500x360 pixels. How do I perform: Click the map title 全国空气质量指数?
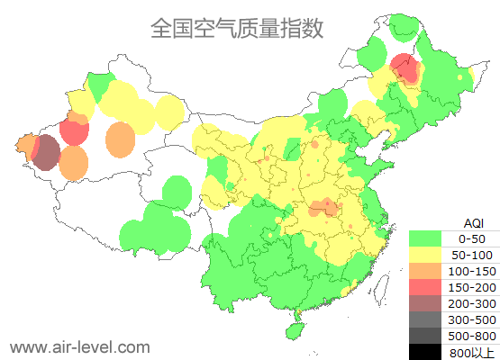[237, 28]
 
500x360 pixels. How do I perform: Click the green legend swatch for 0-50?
[424, 238]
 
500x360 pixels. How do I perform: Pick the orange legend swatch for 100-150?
[424, 271]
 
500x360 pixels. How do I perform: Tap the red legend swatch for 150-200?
[424, 287]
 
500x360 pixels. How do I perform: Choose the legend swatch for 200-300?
[424, 303]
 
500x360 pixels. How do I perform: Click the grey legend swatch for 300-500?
[424, 319]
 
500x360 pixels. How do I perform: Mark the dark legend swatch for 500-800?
[424, 336]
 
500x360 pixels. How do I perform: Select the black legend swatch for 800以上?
[424, 351]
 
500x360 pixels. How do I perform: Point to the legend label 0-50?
[471, 238]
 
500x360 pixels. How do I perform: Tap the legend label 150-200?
[471, 287]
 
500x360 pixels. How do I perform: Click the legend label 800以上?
[471, 352]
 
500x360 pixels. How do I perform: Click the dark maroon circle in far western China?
[45, 154]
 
